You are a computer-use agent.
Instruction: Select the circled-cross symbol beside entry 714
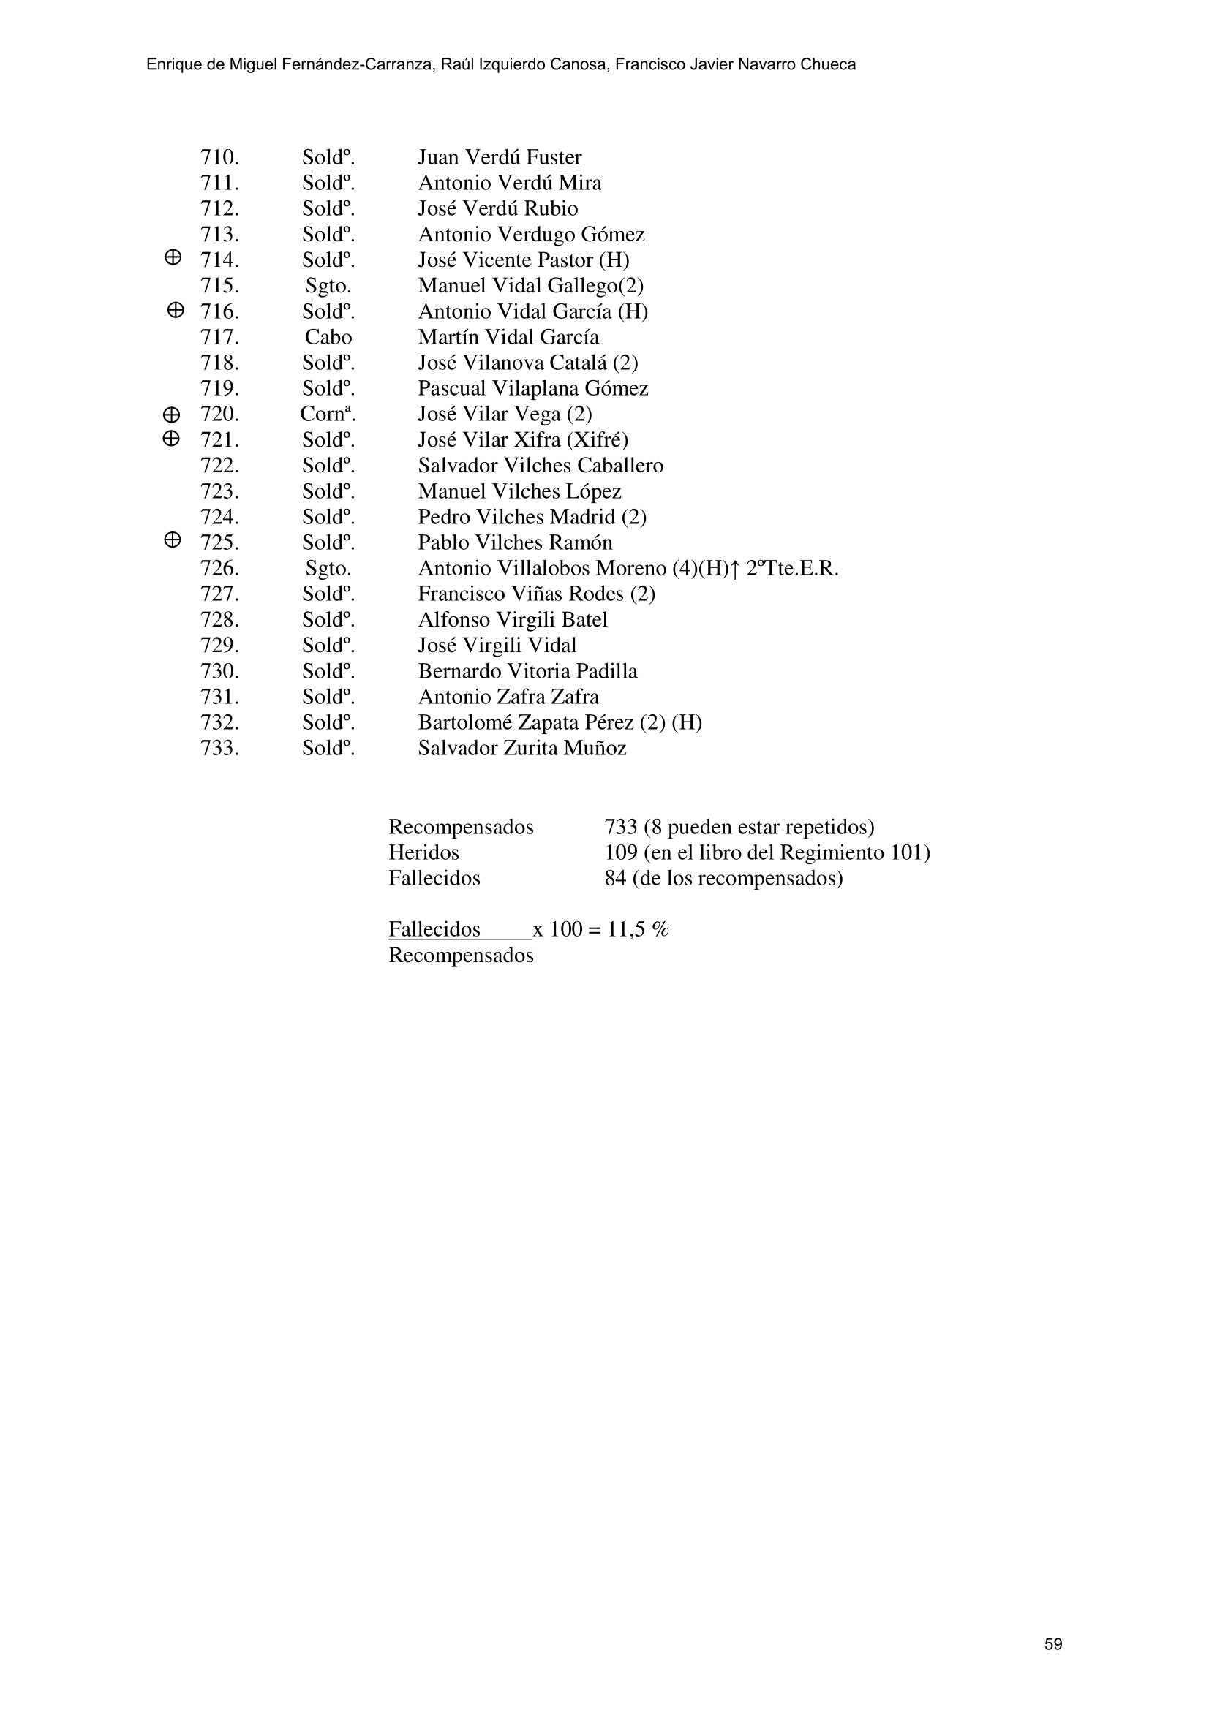pos(172,257)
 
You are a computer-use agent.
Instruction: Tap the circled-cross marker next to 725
pos(171,540)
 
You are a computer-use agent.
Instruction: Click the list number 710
pos(219,157)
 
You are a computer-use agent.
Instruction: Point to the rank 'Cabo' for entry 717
pos(328,337)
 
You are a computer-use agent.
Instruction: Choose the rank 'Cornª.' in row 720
pos(328,414)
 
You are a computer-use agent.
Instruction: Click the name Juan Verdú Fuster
pos(499,157)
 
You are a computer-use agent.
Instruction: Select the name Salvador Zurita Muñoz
pos(521,748)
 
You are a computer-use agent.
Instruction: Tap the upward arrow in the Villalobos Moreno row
pos(734,569)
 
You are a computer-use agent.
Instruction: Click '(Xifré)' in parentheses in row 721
pos(598,440)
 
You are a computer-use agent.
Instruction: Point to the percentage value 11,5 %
pos(638,929)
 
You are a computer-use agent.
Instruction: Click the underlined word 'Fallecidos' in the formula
pos(434,929)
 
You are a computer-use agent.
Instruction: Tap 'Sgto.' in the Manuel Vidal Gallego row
pos(328,286)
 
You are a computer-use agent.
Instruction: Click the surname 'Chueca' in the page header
pos(828,65)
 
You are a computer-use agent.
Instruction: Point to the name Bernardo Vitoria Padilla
pos(527,671)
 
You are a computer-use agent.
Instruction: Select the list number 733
pos(219,748)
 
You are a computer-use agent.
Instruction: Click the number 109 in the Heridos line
pos(620,852)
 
